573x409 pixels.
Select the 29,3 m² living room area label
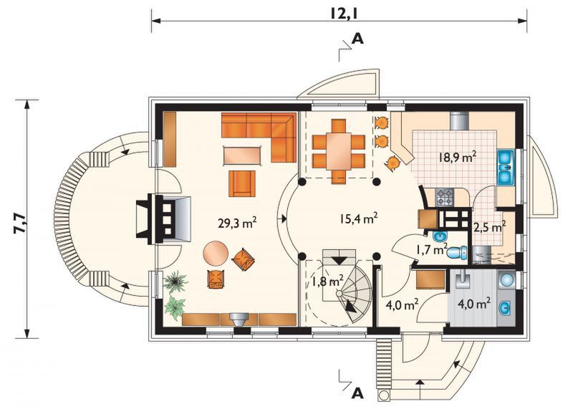(237, 222)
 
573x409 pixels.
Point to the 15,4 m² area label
(358, 218)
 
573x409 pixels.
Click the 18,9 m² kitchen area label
(457, 157)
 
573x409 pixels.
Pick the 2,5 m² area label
(490, 226)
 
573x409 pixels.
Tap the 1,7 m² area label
(432, 250)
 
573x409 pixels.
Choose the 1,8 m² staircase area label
(327, 282)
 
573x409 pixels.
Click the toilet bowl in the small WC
(458, 253)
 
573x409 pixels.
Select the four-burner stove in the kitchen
(443, 197)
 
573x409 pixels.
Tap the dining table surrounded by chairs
(338, 150)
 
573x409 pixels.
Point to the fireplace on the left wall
(163, 219)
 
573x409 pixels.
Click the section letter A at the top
(357, 39)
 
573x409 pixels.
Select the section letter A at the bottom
(357, 393)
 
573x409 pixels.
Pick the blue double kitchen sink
(506, 167)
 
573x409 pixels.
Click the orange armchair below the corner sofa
(242, 183)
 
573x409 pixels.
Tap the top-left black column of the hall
(302, 182)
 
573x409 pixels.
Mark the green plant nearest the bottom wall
(175, 307)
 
